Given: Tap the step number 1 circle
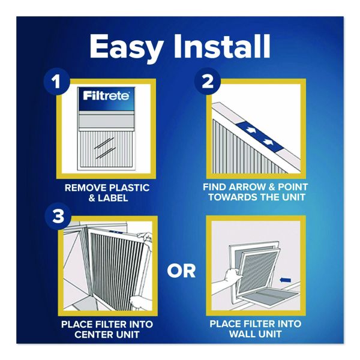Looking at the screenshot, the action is tap(57, 82).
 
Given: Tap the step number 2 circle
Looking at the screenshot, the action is tap(207, 82).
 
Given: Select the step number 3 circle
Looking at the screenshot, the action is tap(58, 216).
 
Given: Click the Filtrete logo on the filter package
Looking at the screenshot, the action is tap(106, 96).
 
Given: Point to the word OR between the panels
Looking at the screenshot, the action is tap(181, 271).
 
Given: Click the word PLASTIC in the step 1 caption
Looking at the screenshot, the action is tap(129, 188).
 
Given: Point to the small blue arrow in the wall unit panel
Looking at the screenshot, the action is tap(286, 280).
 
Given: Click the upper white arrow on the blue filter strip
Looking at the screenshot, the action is tap(250, 130).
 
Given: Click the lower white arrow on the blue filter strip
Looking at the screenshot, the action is tap(268, 142).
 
